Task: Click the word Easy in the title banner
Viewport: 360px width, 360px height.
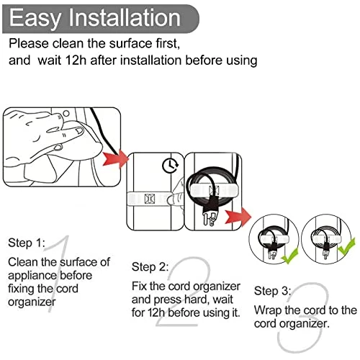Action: pyautogui.click(x=36, y=17)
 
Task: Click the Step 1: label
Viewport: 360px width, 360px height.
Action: pyautogui.click(x=27, y=243)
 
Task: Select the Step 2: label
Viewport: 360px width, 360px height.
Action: pyautogui.click(x=149, y=266)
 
